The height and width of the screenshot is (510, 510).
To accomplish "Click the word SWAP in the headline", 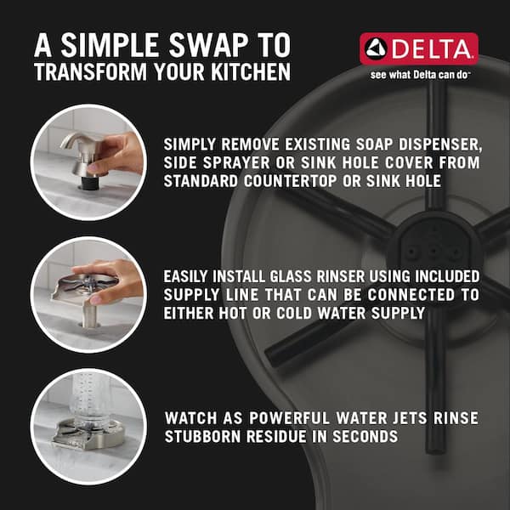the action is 208,45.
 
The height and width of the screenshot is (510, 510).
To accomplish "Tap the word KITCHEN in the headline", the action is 251,71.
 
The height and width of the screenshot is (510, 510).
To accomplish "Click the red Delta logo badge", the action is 419,48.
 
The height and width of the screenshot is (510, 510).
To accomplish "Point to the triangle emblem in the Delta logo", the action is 376,48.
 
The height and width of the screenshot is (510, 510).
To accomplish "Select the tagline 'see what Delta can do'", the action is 420,75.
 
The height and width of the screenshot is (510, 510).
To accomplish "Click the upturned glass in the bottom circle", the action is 88,399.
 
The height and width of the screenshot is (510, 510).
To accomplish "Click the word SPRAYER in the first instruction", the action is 236,163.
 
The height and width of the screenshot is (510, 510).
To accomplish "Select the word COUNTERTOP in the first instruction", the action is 291,181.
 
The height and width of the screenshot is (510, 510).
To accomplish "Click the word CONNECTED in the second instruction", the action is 411,295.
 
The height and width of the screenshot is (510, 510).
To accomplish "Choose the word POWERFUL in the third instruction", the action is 290,418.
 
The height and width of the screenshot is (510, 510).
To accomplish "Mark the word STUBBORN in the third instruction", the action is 203,437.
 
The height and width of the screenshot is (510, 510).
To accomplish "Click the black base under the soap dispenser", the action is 88,183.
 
